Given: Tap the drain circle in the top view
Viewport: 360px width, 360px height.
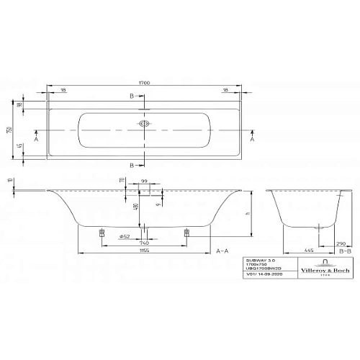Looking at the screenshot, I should [x=146, y=125].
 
